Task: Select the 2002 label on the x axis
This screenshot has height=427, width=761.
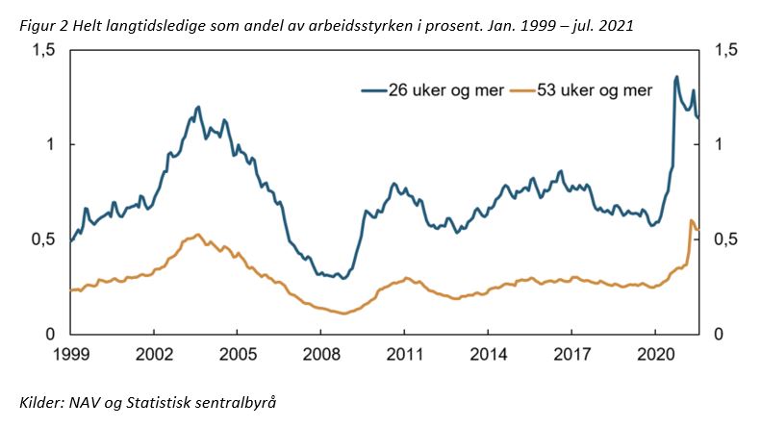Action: (154, 353)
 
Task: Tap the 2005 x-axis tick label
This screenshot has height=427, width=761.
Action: (238, 353)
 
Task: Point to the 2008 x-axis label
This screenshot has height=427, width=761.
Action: (321, 353)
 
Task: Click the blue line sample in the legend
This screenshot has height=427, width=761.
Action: (373, 91)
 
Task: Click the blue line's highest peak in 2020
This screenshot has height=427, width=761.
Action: (676, 77)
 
